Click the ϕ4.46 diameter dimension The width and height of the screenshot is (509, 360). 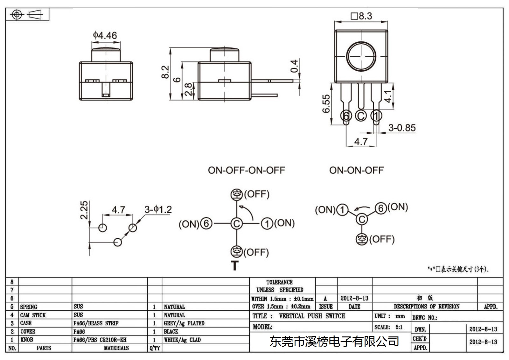pyautogui.click(x=105, y=35)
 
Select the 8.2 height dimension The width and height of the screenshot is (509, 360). pyautogui.click(x=165, y=72)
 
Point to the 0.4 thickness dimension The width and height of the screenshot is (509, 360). pyautogui.click(x=294, y=66)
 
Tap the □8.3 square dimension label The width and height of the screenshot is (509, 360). pyautogui.click(x=361, y=16)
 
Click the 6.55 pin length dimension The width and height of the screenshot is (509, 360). pyautogui.click(x=326, y=104)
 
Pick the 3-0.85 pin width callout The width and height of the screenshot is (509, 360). pyautogui.click(x=402, y=128)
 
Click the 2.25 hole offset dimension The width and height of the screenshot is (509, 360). pyautogui.click(x=84, y=210)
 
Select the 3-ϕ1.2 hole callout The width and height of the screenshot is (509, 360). pyautogui.click(x=158, y=209)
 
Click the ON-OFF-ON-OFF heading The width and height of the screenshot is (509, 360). pyautogui.click(x=247, y=170)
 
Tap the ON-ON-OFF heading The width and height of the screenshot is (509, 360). pyautogui.click(x=357, y=170)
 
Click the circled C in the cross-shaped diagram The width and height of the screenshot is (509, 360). pyautogui.click(x=237, y=224)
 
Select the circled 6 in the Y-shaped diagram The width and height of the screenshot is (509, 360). pyautogui.click(x=381, y=208)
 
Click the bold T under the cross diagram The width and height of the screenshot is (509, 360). pyautogui.click(x=235, y=265)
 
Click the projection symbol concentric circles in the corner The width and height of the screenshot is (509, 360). pyautogui.click(x=17, y=15)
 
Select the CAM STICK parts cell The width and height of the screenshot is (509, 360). pyautogui.click(x=33, y=315)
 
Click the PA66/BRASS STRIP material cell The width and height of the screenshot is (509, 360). pyautogui.click(x=96, y=323)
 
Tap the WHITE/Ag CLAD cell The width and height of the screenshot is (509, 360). pyautogui.click(x=182, y=340)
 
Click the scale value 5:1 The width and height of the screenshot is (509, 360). pyautogui.click(x=399, y=327)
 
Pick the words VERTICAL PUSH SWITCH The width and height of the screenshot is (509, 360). pyautogui.click(x=312, y=316)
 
